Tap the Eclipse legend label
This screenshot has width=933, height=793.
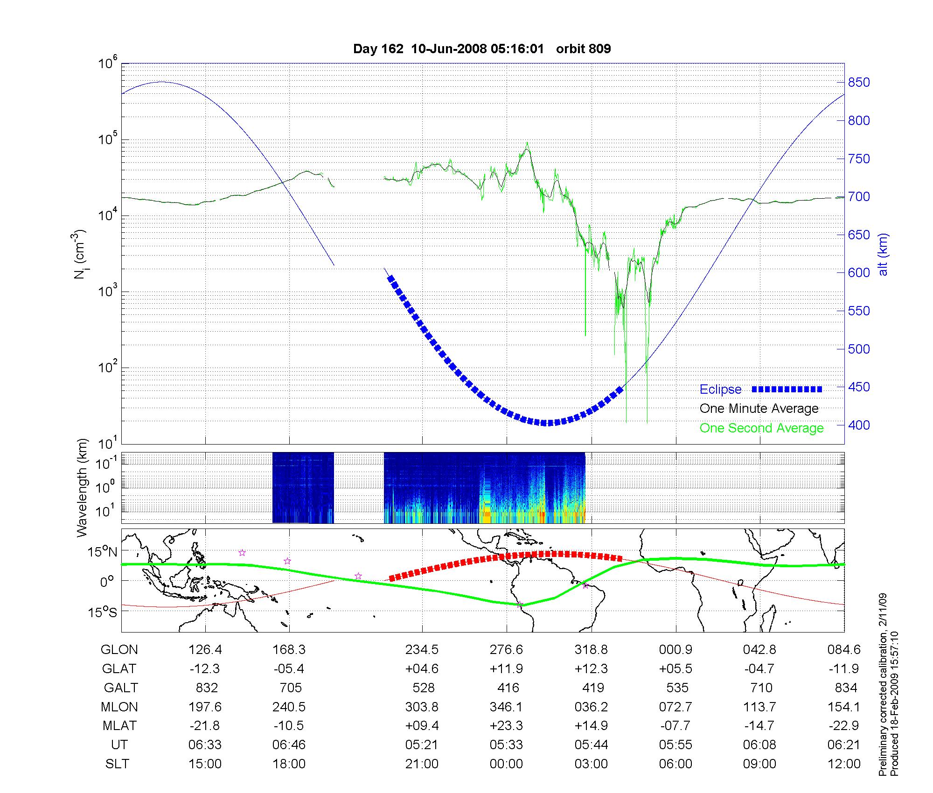pos(720,390)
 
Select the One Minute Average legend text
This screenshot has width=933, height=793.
pos(759,409)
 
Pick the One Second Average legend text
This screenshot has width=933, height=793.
pos(761,428)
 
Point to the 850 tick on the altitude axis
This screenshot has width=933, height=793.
pos(859,83)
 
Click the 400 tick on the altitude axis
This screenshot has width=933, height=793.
pos(859,425)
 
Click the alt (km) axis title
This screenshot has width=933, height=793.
pos(883,254)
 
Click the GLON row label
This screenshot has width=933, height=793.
pos(119,650)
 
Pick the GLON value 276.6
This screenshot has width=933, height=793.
pos(506,650)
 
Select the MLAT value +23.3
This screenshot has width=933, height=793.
pos(506,726)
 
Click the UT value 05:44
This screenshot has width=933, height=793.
pos(591,745)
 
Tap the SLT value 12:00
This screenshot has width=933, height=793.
pos(844,764)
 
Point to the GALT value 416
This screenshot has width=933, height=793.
pos(508,688)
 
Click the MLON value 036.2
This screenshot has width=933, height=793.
pos(591,707)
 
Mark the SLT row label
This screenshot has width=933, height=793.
pos(117,764)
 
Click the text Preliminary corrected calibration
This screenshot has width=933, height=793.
pos(883,686)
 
